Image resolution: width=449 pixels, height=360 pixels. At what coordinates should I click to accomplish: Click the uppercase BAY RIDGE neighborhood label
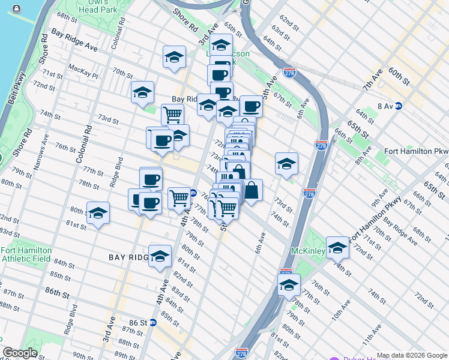coord(128,257)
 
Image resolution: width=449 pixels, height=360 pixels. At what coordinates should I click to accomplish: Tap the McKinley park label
coord(307,250)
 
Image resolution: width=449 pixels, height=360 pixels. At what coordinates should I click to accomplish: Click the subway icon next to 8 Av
coord(398,106)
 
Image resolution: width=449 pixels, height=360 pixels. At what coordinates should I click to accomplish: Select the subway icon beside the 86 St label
coord(152,322)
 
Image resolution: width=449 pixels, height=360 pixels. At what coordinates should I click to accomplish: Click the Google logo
coord(19,353)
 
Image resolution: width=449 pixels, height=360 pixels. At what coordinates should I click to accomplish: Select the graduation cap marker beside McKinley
coord(337,247)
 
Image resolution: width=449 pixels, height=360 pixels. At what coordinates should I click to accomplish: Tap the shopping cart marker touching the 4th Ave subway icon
coord(179,197)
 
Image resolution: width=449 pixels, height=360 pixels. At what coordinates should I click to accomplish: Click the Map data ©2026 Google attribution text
coord(412,355)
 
